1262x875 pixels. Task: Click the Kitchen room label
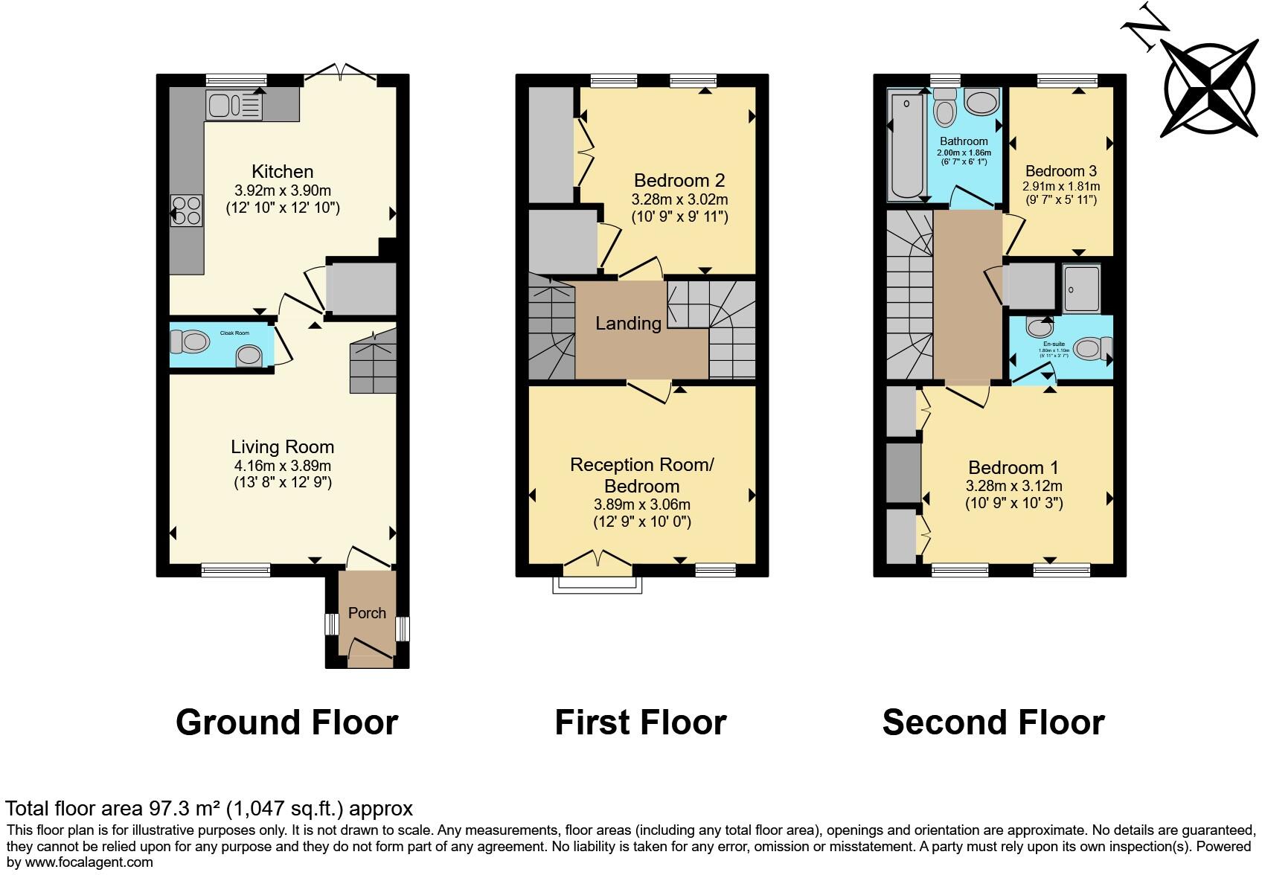(282, 172)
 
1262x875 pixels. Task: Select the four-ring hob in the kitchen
(186, 209)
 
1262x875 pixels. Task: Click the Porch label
(367, 613)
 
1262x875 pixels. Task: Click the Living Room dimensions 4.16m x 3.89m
(282, 467)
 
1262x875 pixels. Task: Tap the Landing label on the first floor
(628, 324)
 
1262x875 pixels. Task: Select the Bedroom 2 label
(679, 181)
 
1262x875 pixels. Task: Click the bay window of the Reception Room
(597, 585)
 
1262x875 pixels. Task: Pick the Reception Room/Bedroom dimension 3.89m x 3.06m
(641, 504)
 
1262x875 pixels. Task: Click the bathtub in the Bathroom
(906, 147)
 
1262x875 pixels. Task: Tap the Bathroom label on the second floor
(964, 141)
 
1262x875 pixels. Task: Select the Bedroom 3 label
(1060, 171)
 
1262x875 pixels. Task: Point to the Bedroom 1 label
(1013, 468)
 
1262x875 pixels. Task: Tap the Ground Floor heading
(286, 722)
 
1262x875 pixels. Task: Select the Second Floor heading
(993, 722)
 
